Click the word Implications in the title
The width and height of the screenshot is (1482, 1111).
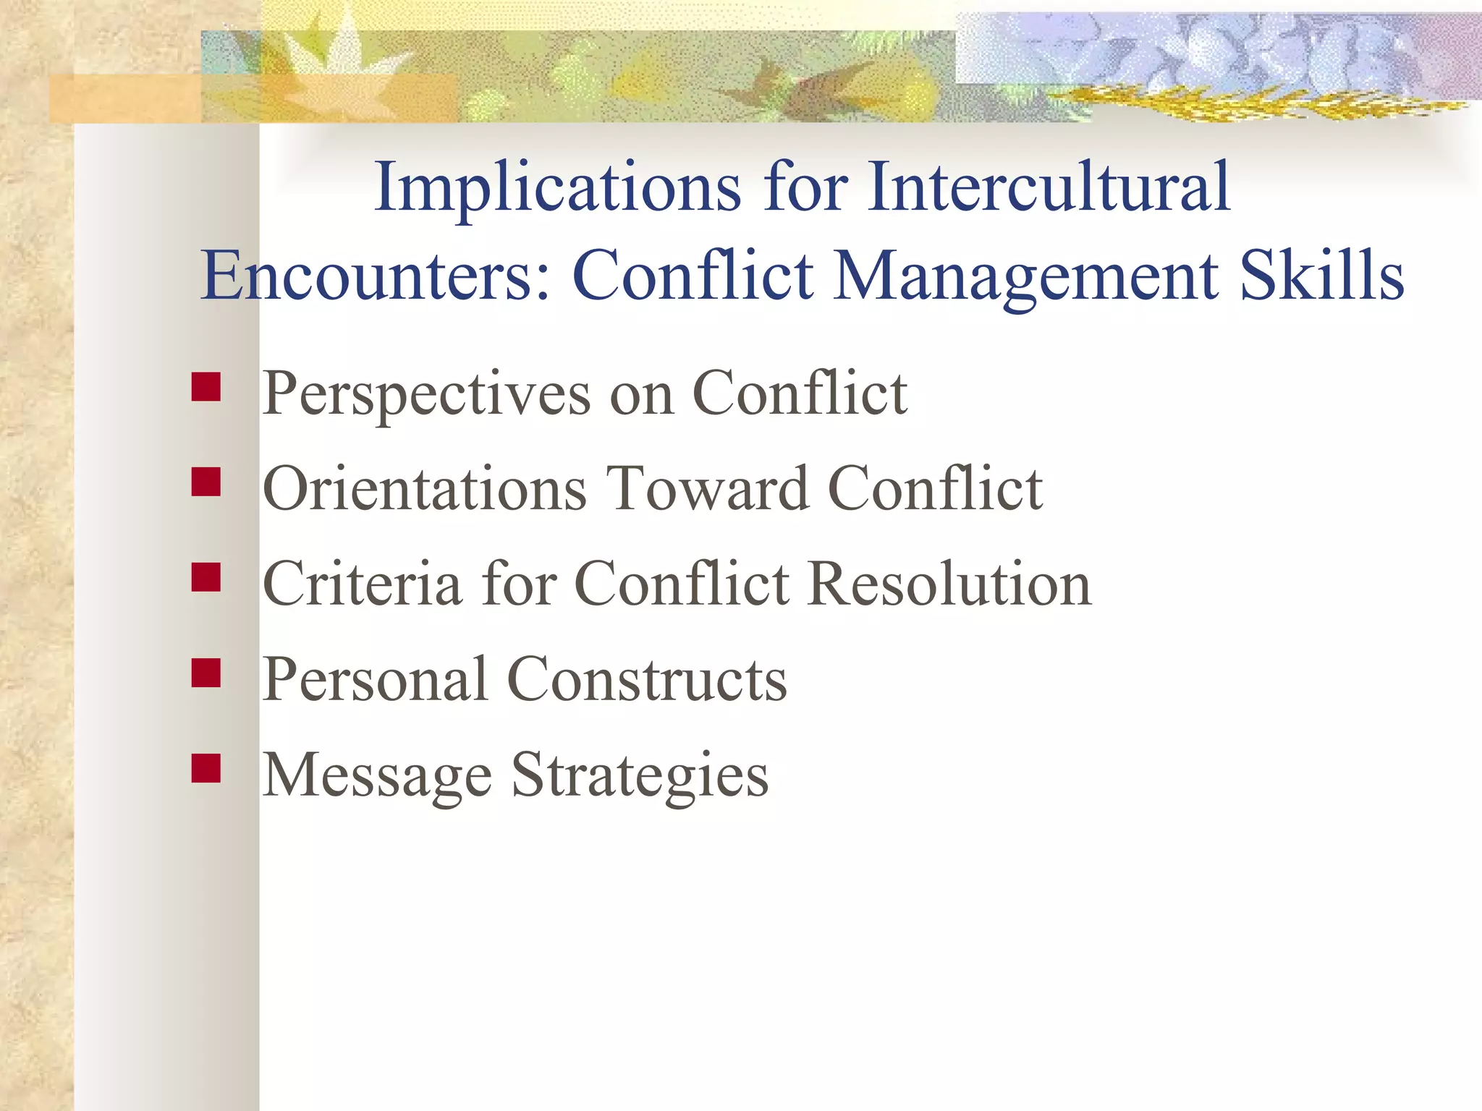click(x=557, y=188)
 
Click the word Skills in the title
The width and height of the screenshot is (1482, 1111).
click(x=1322, y=276)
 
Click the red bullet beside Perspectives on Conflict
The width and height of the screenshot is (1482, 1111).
click(x=206, y=387)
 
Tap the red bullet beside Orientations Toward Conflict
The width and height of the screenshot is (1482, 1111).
click(x=206, y=482)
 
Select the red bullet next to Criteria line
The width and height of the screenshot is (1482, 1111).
click(x=206, y=577)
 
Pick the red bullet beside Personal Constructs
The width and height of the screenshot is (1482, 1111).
click(x=206, y=673)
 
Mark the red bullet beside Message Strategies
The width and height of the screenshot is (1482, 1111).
click(x=206, y=768)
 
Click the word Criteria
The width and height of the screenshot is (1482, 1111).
click(x=362, y=584)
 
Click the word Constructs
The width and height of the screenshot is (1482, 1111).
click(x=647, y=680)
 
